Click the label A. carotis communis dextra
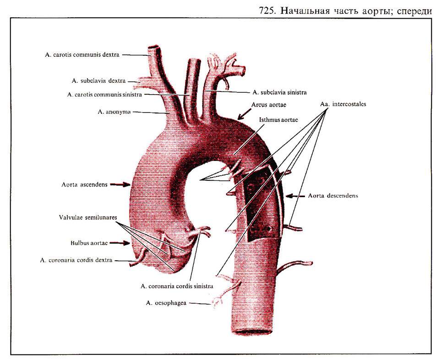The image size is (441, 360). click(82, 55)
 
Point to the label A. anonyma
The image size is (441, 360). click(114, 111)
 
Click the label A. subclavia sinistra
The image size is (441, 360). click(277, 91)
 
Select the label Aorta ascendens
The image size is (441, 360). click(84, 184)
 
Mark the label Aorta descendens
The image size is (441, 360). click(333, 195)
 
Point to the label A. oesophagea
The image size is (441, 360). click(166, 303)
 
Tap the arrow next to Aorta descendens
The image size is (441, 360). click(294, 195)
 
